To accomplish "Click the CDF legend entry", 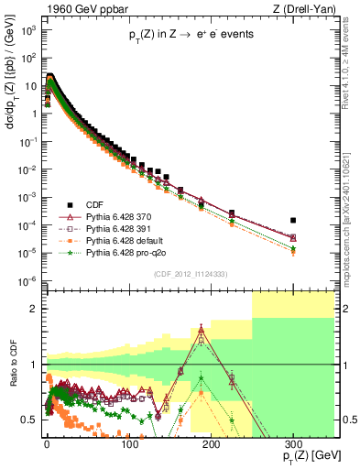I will [x=94, y=203].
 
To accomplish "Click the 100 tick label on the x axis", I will [x=128, y=442].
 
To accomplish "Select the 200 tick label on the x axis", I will [x=211, y=442].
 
